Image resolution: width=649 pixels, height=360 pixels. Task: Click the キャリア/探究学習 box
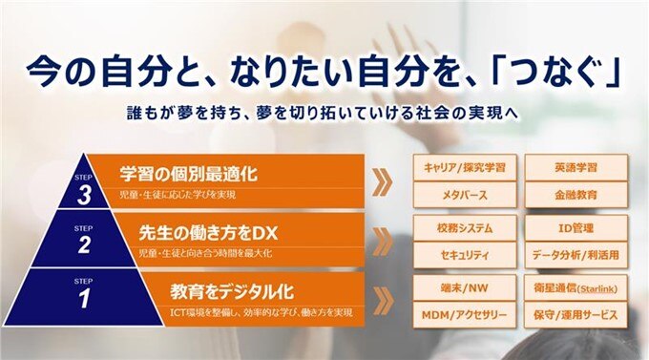coord(465,167)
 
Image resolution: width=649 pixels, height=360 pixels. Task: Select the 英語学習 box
coord(576,167)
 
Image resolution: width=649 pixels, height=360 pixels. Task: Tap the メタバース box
coord(465,196)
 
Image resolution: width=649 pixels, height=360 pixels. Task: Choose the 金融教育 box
coord(576,196)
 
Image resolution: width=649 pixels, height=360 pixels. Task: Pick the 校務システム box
coord(465,228)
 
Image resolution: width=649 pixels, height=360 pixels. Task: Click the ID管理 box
coord(576,228)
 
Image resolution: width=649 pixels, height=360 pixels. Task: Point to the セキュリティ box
coord(465,256)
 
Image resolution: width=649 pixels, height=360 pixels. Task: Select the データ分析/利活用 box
coord(576,256)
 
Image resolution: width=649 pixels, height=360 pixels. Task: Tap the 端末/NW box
coord(465,287)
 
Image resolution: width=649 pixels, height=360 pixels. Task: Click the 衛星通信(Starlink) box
coord(576,287)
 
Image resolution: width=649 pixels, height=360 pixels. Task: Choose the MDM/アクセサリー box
coord(465,315)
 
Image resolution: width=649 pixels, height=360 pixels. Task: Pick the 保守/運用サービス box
coord(576,315)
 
